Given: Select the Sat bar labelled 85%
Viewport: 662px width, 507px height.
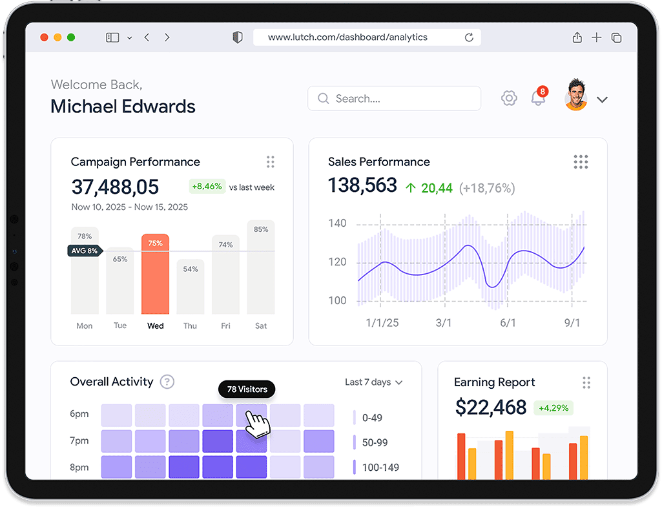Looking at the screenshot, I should click(x=261, y=267).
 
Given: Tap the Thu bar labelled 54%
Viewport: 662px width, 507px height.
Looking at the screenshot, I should click(x=191, y=287).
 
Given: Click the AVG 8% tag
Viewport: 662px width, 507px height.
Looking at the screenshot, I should click(x=85, y=251).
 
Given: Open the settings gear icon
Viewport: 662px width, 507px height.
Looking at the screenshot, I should click(x=509, y=99).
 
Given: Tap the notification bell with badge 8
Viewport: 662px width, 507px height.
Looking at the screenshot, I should click(x=537, y=98).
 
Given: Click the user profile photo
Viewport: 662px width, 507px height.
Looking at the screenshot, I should click(x=575, y=96).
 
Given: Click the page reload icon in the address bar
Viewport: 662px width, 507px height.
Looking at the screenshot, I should click(x=470, y=37).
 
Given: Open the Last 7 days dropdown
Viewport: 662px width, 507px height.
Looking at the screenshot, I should click(x=373, y=382).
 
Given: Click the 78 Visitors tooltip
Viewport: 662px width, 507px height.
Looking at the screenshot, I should click(x=247, y=389).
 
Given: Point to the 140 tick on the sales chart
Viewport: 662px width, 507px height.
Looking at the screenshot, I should click(x=338, y=223).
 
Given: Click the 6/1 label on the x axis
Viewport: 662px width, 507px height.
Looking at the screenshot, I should click(x=508, y=322).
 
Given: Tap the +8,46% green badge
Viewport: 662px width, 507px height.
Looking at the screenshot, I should click(x=207, y=187).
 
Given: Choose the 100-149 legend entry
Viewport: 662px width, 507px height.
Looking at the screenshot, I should click(x=380, y=467).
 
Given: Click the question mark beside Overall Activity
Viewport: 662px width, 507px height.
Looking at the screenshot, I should click(x=167, y=382).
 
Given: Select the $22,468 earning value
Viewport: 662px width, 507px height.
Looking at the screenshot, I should click(x=491, y=407).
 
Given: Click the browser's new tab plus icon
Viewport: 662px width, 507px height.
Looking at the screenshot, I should click(x=596, y=37).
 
